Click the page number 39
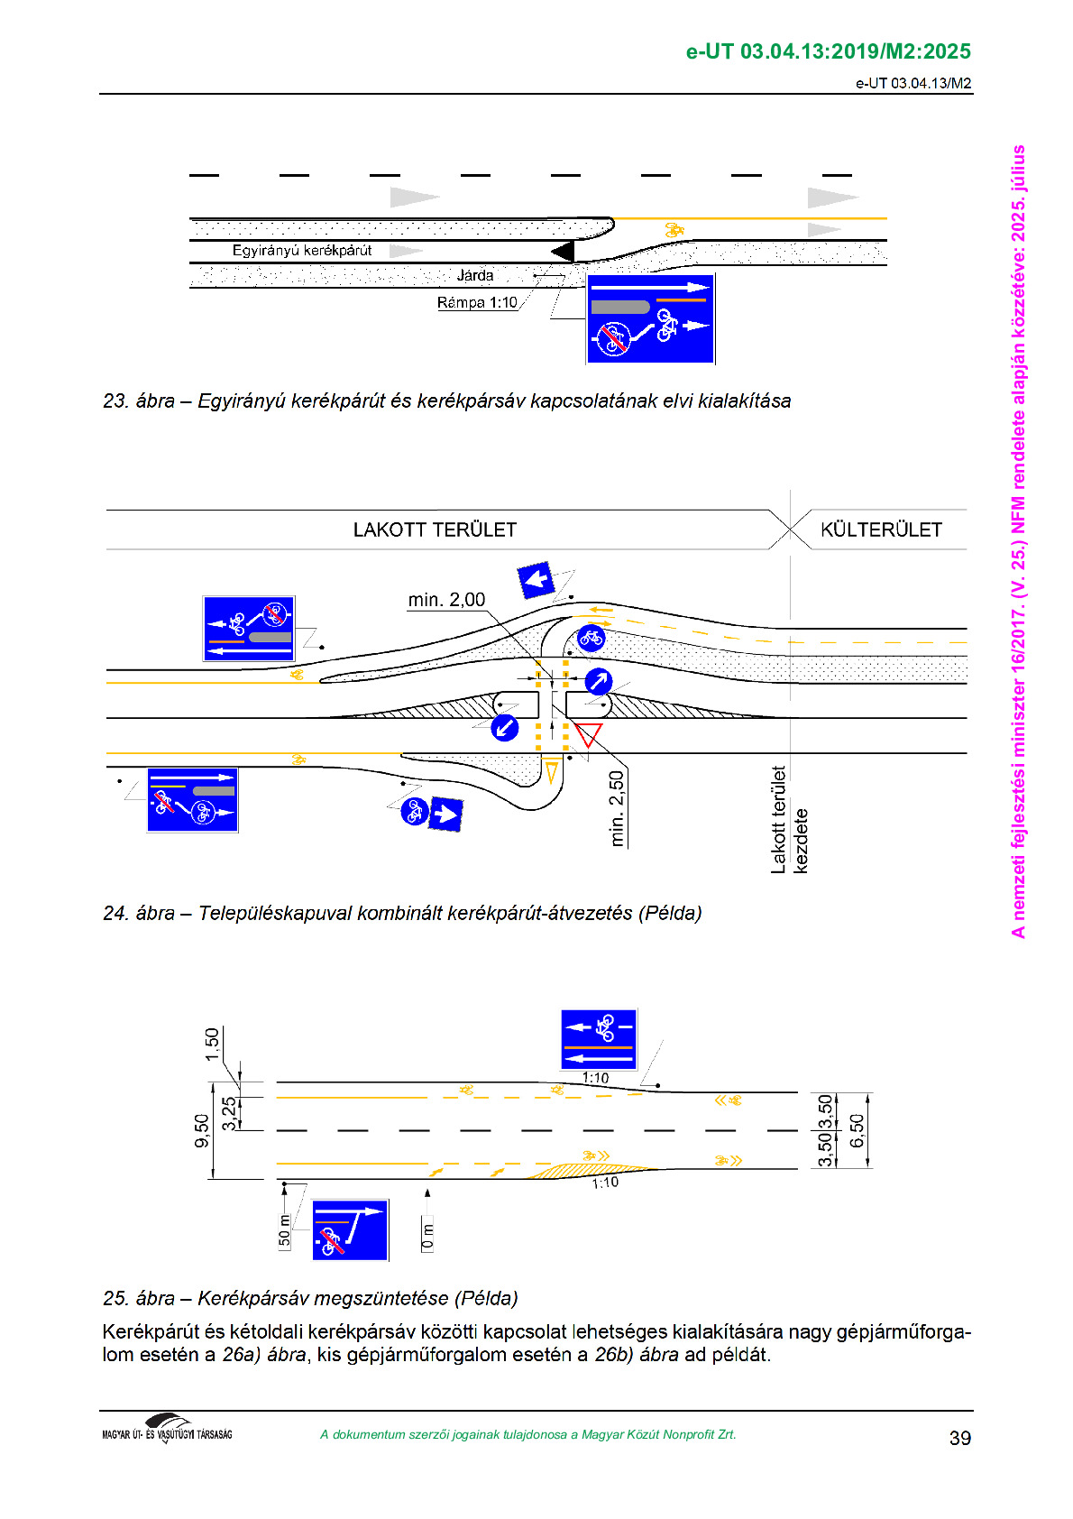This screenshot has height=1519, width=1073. point(959,1438)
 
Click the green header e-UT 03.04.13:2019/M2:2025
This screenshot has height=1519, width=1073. point(829,51)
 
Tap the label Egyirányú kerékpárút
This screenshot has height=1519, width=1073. point(302,250)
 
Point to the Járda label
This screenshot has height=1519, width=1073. point(474,274)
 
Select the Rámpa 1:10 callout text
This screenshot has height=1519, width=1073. point(477,302)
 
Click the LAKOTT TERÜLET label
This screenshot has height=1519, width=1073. point(435,529)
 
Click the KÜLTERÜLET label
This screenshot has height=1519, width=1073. point(881,529)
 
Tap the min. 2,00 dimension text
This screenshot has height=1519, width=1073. point(446,600)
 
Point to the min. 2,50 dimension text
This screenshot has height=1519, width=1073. point(616,808)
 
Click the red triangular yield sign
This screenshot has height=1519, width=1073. point(588,733)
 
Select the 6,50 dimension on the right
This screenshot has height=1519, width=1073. point(857,1130)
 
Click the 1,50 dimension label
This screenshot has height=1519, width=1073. point(212,1045)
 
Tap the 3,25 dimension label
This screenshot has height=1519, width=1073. point(230,1113)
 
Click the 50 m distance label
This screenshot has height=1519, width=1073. point(284,1230)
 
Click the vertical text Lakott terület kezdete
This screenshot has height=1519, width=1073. point(789,820)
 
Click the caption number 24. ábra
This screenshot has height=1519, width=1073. point(139,914)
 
